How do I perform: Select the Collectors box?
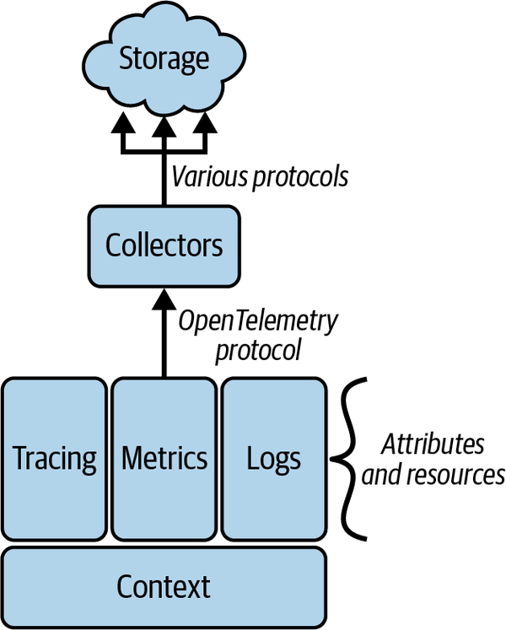tap(164, 245)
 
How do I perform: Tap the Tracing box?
tap(55, 459)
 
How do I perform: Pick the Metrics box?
tap(164, 459)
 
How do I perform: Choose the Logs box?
tap(273, 459)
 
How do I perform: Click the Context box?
tap(164, 585)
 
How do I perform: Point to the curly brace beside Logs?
tap(347, 460)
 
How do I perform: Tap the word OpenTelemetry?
tap(260, 321)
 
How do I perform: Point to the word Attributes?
tap(433, 444)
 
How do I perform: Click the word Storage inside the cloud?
tap(164, 59)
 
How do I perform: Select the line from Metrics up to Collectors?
tap(164, 346)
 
